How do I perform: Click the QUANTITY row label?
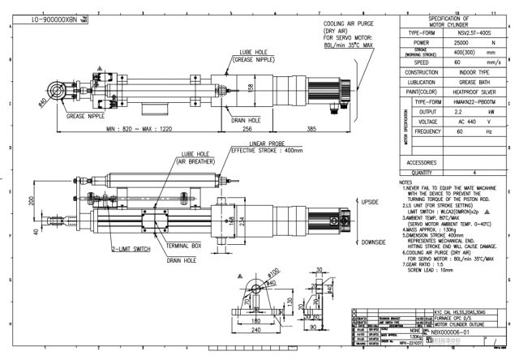click(404, 172)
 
